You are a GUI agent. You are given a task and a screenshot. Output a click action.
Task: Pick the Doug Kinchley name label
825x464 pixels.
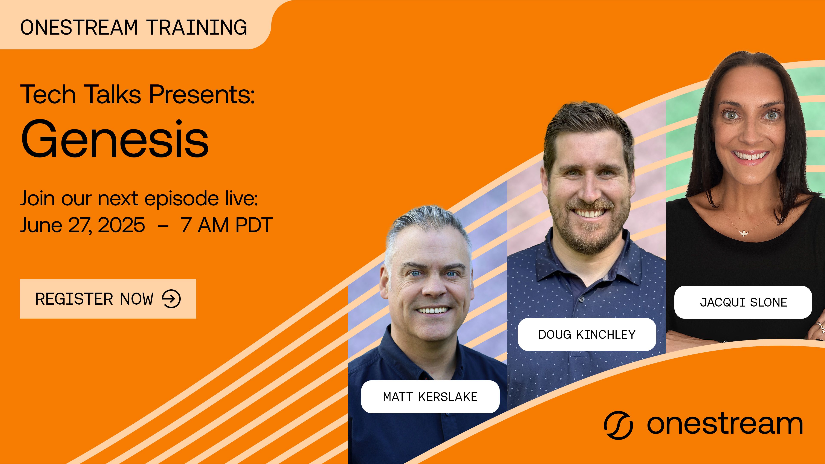(587, 334)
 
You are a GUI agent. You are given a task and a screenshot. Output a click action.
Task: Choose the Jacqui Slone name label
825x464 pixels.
(743, 302)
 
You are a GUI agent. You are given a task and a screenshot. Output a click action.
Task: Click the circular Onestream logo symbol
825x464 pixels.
(618, 425)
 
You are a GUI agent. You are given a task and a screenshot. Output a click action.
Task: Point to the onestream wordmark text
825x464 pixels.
(724, 424)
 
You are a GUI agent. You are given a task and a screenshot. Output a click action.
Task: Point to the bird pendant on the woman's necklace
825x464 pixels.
(743, 233)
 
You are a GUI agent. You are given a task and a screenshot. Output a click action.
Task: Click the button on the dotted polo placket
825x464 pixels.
(582, 299)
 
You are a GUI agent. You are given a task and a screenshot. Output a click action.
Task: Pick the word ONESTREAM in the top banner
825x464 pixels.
(79, 27)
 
